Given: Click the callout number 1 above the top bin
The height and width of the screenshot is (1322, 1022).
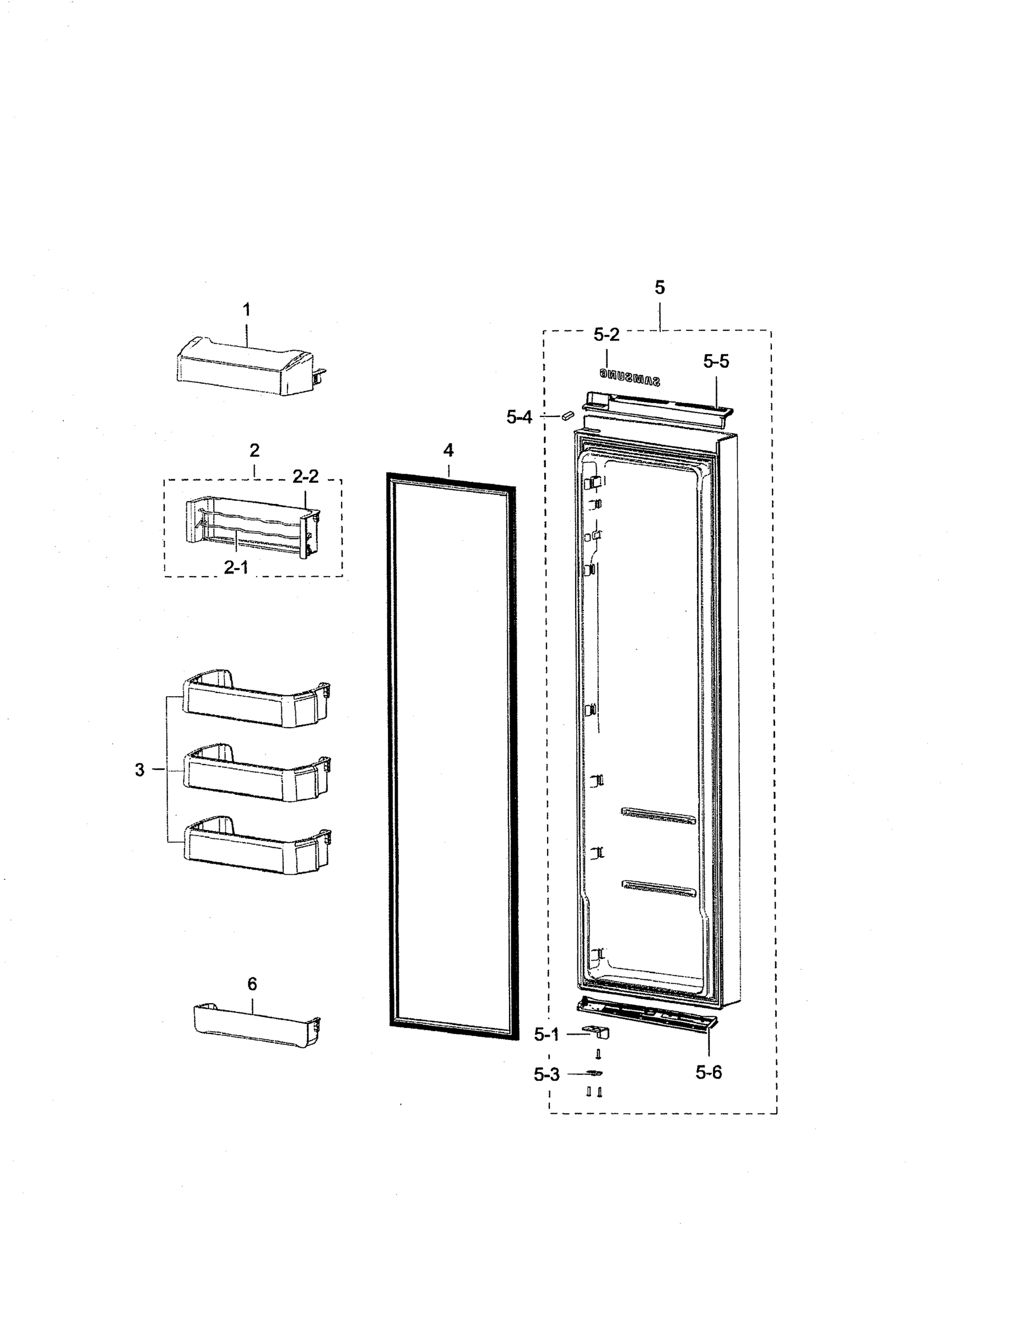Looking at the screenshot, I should tap(246, 310).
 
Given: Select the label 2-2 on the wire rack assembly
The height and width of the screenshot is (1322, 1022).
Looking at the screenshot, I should tap(305, 476).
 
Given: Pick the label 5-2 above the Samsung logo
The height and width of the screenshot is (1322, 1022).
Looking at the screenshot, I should tap(606, 334).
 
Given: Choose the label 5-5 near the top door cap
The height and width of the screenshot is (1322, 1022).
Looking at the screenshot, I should tap(716, 361).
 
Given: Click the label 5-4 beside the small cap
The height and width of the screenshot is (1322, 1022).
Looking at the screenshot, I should tap(519, 417).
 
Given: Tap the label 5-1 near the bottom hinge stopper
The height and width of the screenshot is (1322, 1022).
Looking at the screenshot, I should tap(546, 1034).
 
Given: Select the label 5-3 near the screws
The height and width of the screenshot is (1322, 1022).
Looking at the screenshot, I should tap(546, 1075).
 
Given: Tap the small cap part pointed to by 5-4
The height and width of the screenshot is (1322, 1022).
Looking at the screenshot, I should tap(567, 415).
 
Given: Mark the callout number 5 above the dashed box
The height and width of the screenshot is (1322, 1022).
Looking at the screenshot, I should tap(659, 288).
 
